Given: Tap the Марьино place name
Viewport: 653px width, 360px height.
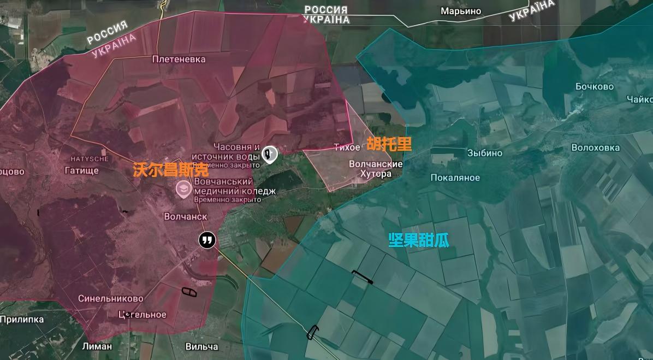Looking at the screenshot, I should [x=461, y=11].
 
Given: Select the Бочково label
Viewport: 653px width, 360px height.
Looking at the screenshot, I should [x=594, y=86].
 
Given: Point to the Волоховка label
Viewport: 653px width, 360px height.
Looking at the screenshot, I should [x=595, y=147].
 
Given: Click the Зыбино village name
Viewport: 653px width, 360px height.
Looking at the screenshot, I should [x=484, y=153].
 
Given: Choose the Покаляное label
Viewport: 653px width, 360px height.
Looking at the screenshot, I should [x=455, y=178].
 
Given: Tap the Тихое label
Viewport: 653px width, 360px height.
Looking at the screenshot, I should [x=347, y=147].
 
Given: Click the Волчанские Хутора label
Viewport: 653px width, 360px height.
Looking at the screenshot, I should [x=376, y=169].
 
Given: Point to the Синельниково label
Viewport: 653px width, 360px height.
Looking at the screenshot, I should [x=110, y=298].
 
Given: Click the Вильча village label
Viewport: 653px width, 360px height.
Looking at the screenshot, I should [x=201, y=346].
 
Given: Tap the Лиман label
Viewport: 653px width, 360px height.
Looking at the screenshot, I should [x=97, y=346].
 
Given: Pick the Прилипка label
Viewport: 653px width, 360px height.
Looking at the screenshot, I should [x=22, y=319].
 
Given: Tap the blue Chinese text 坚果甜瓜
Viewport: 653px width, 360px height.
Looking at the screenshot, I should [x=418, y=240].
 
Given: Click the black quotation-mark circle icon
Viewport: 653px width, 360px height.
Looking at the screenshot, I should [x=206, y=240].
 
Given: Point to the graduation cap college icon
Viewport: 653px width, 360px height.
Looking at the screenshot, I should [x=182, y=189].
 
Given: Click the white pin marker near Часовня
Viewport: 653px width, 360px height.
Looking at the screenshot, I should [x=269, y=155].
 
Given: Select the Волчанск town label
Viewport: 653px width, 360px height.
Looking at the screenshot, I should [x=185, y=216].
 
